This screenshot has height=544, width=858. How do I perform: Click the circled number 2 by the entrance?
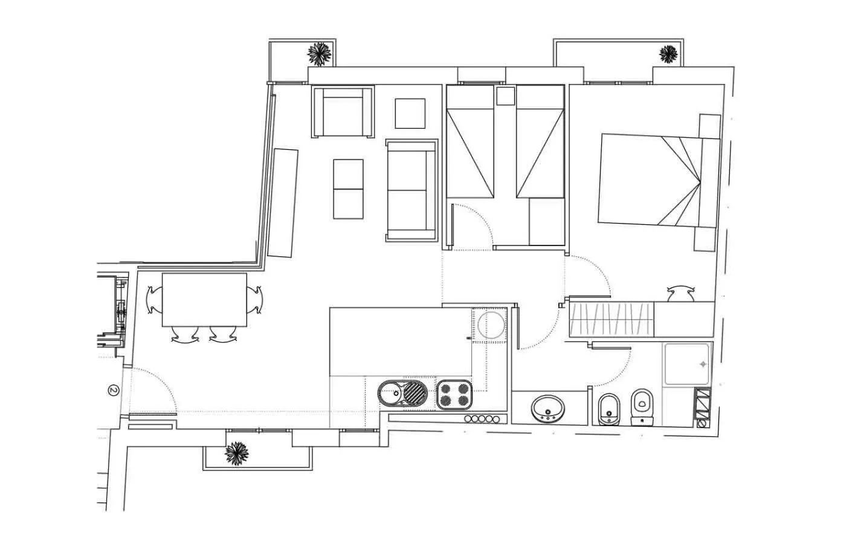click(x=113, y=390)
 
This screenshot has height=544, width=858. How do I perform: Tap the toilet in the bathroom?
click(x=641, y=407)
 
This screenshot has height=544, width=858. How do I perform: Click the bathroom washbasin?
click(x=548, y=408)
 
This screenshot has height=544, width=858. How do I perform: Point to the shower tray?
click(x=688, y=364)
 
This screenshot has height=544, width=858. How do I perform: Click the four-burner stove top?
click(x=454, y=395)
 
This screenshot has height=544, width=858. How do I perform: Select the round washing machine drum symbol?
click(x=490, y=325)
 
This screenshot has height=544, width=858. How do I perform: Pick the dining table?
click(x=204, y=300)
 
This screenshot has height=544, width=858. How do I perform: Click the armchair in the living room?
click(x=342, y=112)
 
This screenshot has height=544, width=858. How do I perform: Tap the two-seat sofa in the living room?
click(x=411, y=190)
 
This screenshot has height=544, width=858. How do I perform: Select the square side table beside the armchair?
click(x=411, y=113)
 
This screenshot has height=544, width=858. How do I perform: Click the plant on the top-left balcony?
click(x=320, y=54)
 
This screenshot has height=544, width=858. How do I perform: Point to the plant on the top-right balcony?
click(x=668, y=54)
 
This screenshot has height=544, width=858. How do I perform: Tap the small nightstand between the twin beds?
click(x=505, y=96)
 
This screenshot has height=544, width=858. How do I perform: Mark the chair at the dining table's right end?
click(x=256, y=299)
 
